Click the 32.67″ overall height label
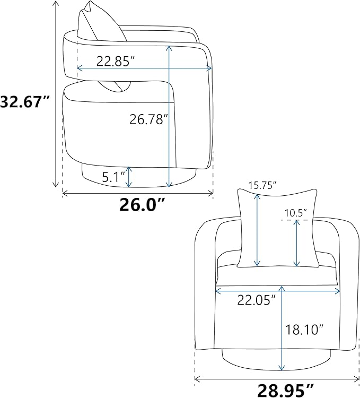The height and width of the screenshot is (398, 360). point(24,101)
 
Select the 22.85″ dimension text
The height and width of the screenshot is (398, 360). point(115,61)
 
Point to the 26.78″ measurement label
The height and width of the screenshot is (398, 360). point(149,119)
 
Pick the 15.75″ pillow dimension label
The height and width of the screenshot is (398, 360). point(262,185)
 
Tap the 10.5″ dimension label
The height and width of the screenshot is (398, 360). point(295,213)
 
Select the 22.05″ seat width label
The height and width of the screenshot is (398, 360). point(256,300)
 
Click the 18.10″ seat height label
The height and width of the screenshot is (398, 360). point(304,330)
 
